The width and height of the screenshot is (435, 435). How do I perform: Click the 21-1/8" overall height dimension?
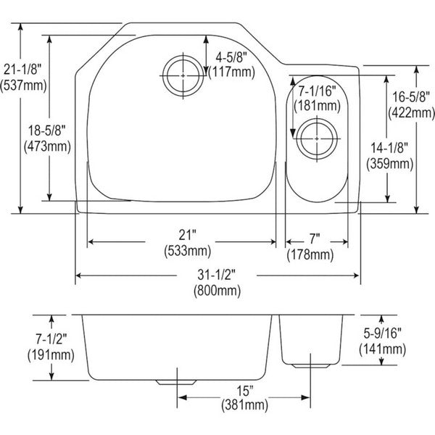pos(22,70)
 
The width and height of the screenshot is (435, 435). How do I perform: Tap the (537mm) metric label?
pos(23,86)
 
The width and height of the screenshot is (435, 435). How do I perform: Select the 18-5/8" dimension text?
pos(47,130)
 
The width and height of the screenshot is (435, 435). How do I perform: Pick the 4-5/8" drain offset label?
pos(231,58)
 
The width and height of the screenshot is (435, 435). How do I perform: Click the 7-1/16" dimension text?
pos(317,91)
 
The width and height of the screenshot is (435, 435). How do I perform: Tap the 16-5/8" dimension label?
pos(411,97)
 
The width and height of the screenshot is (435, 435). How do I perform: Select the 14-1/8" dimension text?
pos(389,148)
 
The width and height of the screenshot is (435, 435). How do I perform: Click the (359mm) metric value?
pos(390,164)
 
